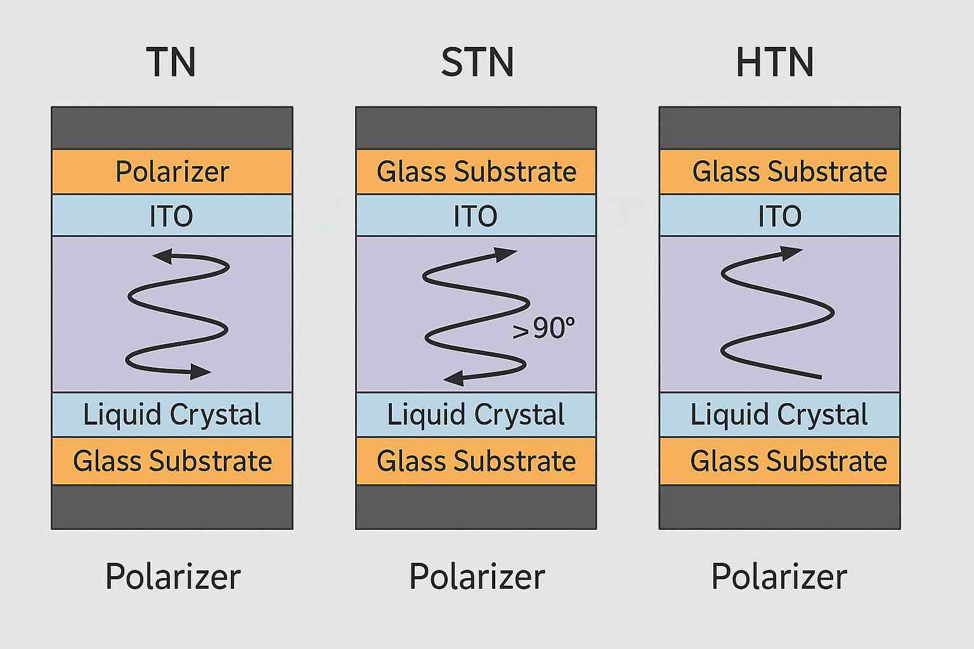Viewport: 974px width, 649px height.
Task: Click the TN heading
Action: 171,62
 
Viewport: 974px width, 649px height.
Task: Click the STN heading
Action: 477,62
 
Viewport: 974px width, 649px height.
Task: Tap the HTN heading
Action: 775,62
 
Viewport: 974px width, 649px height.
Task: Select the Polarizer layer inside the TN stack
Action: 172,172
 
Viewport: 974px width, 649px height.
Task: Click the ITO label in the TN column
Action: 171,216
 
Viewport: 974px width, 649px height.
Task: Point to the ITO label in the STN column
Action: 476,216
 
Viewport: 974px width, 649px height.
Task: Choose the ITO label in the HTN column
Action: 780,216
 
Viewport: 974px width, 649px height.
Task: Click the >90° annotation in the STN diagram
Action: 544,328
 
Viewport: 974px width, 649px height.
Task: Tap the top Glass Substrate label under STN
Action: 476,172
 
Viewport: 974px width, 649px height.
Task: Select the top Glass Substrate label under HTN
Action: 789,172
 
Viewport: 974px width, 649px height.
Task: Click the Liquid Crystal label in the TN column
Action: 172,415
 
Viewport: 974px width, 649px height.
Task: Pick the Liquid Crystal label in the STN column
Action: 476,415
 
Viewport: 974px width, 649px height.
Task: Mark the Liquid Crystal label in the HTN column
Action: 779,415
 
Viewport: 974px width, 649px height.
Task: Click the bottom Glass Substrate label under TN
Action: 172,461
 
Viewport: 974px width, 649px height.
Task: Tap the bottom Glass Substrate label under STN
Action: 476,461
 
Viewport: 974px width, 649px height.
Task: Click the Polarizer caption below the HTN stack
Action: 779,577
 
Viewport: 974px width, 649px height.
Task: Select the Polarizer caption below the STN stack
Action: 477,577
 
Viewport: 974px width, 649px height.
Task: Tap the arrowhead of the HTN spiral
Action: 793,253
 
